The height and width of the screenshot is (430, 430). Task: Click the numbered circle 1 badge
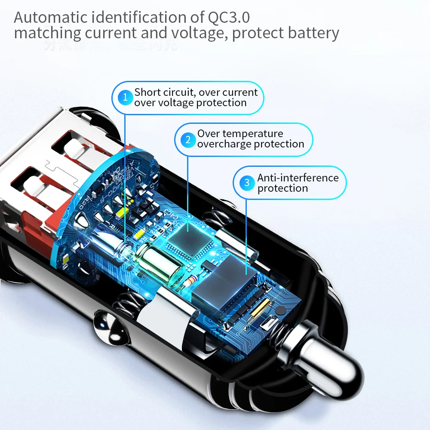click(125, 98)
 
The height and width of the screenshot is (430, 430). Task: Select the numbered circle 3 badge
click(247, 183)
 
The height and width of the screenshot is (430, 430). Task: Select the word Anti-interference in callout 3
click(298, 178)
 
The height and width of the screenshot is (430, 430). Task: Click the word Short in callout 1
click(147, 92)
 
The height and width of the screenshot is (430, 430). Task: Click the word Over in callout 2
click(209, 134)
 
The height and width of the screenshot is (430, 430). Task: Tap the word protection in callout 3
click(283, 188)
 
